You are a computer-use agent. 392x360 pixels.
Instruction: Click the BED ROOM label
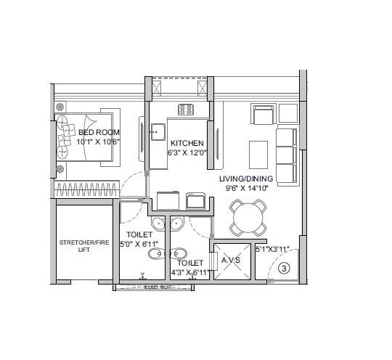[99, 132]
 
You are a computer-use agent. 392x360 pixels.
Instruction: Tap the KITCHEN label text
[187, 143]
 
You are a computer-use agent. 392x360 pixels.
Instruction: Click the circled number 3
[284, 268]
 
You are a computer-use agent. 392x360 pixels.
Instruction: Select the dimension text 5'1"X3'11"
[273, 250]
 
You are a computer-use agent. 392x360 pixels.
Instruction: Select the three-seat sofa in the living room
[287, 155]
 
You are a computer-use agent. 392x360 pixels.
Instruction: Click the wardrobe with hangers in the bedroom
[86, 188]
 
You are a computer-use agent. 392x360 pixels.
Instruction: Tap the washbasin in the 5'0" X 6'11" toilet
[158, 224]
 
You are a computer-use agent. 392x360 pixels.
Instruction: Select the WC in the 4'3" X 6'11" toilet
[179, 254]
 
